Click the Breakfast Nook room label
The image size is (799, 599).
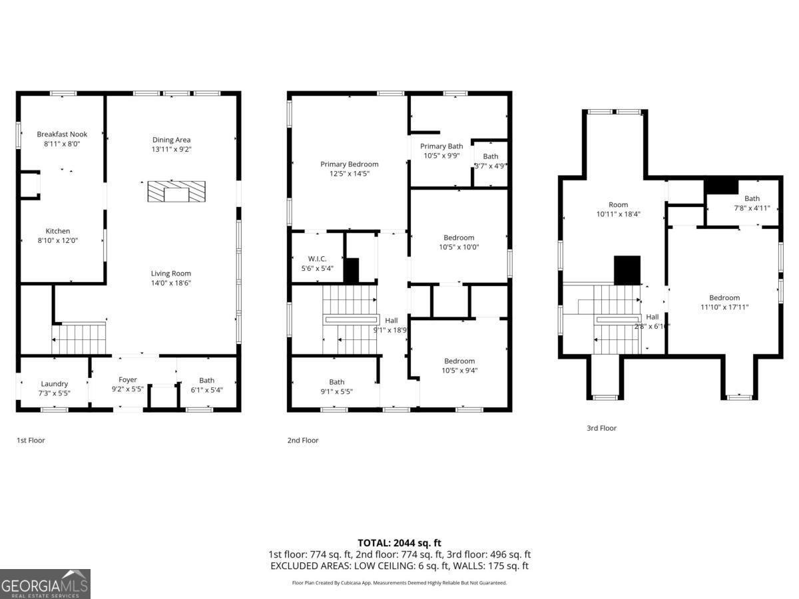[x=62, y=134]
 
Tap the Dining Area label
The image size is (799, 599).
[x=171, y=140]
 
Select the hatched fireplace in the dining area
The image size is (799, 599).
[x=176, y=192]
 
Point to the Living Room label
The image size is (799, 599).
[x=171, y=273]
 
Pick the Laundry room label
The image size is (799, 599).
[x=55, y=383]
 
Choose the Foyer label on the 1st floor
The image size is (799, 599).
[x=128, y=379]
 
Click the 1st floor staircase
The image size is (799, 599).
[x=80, y=338]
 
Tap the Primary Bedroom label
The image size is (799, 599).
[x=349, y=164]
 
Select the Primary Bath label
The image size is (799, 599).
[x=441, y=146]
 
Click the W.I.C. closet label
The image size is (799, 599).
[x=317, y=259]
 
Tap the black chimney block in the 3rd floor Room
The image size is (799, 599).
[x=627, y=270]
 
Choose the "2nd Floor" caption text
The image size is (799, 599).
[x=302, y=440]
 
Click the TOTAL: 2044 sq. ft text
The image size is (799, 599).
[x=400, y=543]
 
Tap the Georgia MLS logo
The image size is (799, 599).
[x=45, y=584]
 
